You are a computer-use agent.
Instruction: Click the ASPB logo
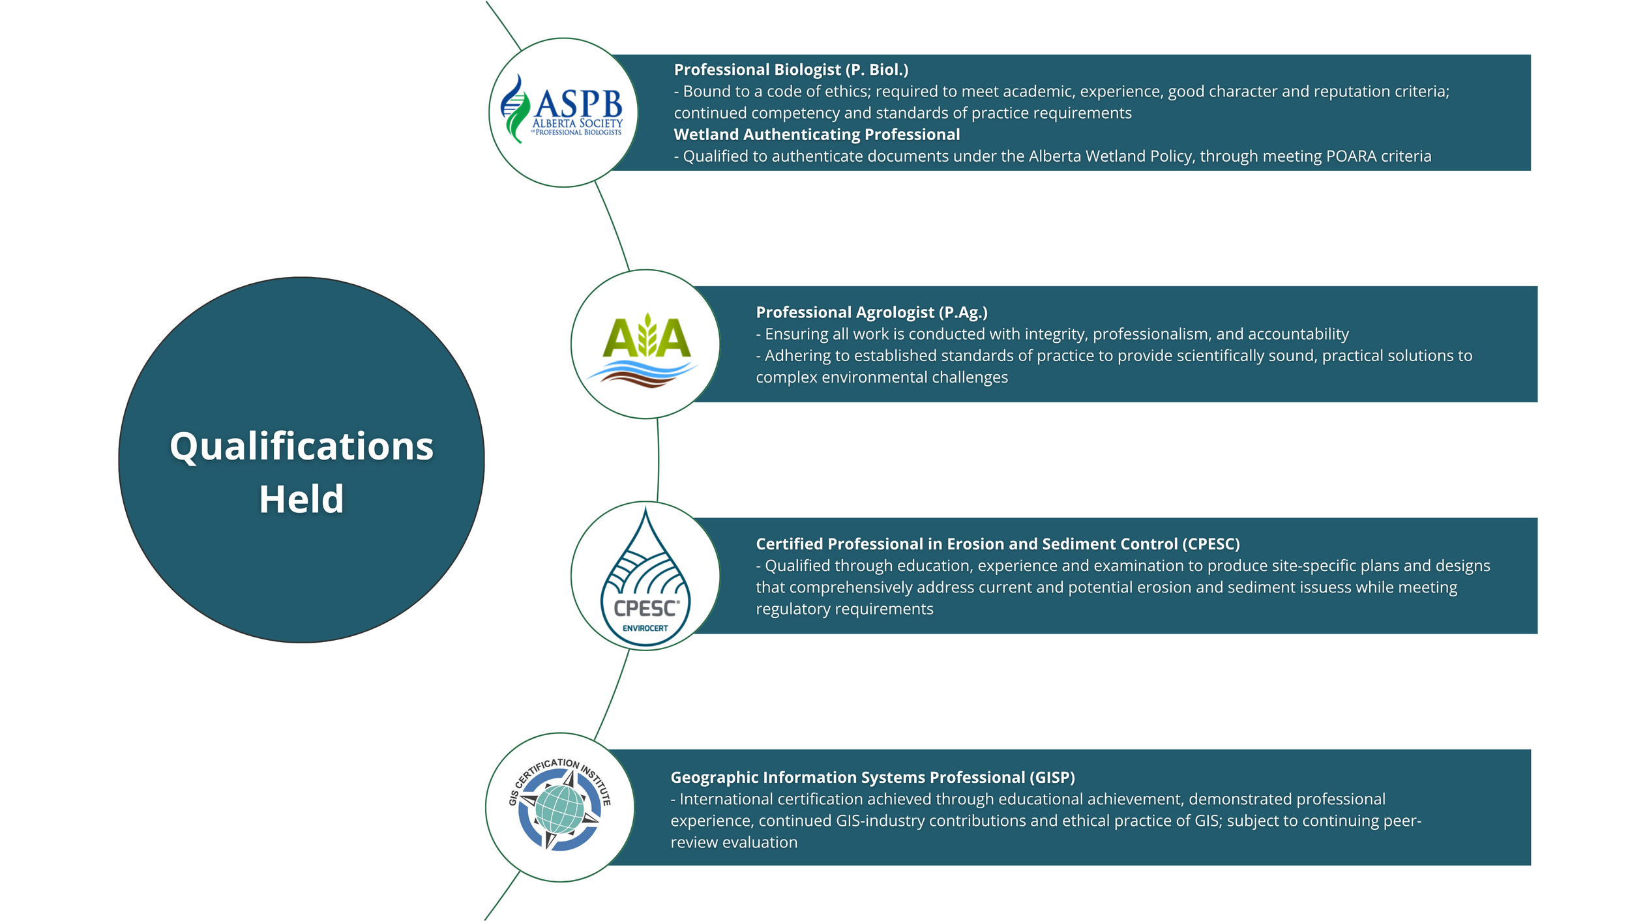click(561, 109)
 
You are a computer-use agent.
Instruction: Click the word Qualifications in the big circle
click(301, 446)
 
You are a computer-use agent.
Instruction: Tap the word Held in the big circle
click(301, 499)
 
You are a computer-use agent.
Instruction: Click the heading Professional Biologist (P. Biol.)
click(791, 70)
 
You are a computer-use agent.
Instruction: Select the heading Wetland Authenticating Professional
click(817, 134)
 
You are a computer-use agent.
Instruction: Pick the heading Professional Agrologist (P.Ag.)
click(872, 312)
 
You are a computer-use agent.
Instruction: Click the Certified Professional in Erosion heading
click(998, 544)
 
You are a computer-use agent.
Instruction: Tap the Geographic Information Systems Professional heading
click(872, 777)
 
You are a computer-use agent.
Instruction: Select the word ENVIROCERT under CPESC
click(645, 628)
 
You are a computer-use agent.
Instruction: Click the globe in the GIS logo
click(559, 809)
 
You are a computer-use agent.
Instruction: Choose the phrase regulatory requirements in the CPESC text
click(844, 609)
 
